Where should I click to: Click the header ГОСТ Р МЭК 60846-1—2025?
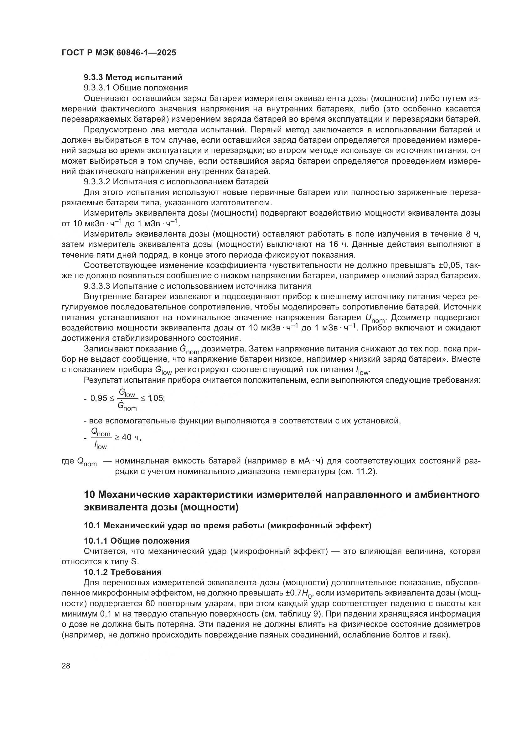(119, 53)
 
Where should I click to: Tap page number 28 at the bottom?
(66, 666)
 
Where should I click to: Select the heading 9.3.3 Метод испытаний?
(133, 77)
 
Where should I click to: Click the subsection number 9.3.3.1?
(97, 88)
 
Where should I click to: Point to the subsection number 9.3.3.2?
(97, 182)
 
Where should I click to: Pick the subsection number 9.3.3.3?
(97, 286)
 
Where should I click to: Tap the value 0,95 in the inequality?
(99, 398)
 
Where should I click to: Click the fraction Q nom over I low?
(101, 438)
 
